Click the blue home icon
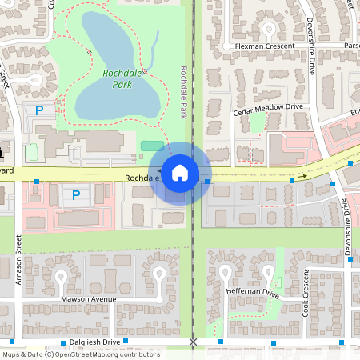click(180, 172)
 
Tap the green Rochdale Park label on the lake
click(122, 78)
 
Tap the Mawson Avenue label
click(89, 299)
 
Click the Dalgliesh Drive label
click(94, 342)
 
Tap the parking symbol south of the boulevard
click(76, 194)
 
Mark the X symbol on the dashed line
click(193, 342)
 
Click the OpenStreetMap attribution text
click(81, 354)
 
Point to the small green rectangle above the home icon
click(151, 146)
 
